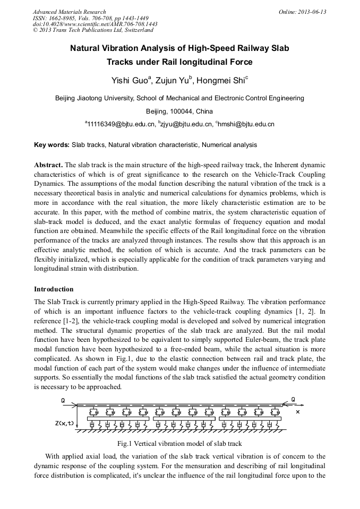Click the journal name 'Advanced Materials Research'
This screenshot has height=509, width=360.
pos(69,12)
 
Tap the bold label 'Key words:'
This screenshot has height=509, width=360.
pos(52,144)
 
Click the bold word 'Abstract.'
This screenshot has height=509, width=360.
pos(48,165)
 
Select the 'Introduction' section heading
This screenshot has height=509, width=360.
pos(54,289)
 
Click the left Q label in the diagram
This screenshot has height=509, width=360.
pos(63,400)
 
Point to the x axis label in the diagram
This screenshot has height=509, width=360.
pos(297,412)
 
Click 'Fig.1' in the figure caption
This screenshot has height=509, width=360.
pos(125,443)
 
